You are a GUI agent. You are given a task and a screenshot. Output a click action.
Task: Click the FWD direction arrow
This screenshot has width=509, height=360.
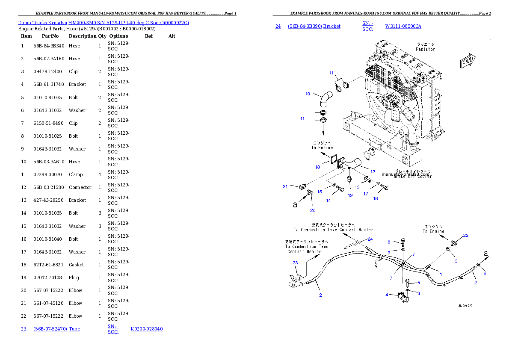468,61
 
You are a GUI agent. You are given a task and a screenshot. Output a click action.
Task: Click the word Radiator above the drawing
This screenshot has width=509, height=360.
425,49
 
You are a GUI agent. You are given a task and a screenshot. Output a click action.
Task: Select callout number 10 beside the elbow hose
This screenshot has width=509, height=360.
308,94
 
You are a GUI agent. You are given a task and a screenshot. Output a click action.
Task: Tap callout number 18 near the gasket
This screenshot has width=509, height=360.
318,167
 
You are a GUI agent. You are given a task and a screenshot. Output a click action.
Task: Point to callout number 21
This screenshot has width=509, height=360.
285,186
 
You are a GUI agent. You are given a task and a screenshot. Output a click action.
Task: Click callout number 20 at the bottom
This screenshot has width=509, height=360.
313,210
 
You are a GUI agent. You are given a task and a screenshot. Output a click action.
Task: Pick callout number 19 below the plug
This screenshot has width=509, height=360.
350,195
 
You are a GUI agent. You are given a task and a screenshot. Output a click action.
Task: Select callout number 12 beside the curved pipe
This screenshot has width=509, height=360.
373,171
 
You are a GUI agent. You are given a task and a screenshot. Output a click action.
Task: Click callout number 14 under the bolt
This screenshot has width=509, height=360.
328,200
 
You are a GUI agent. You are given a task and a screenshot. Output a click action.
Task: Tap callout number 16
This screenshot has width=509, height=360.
376,198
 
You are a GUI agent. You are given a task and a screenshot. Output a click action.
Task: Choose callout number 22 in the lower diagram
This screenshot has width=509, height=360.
466,235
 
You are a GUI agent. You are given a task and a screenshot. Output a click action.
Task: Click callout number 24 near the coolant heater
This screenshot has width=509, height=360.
370,239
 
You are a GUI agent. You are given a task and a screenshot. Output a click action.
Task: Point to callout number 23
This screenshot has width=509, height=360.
295,263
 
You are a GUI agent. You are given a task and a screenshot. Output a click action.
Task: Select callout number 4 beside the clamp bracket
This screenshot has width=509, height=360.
387,295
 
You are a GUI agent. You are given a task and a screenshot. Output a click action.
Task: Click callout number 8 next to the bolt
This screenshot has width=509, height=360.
389,242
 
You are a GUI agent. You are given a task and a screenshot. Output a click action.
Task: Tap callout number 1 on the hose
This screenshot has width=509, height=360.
441,274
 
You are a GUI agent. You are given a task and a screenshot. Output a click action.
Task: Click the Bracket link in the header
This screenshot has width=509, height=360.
332,26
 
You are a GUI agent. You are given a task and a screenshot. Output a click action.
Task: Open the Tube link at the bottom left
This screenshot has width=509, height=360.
74,329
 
